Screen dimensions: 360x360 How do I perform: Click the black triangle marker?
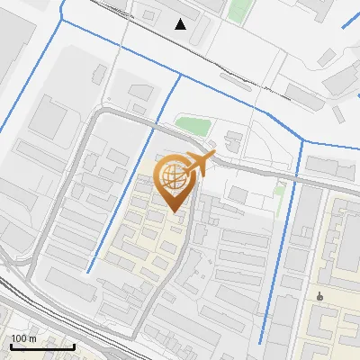pos(181,24)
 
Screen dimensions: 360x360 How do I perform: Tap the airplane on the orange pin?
pos(202,163)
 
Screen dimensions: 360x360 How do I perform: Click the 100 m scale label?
pos(23,337)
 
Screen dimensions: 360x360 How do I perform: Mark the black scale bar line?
pos(42,346)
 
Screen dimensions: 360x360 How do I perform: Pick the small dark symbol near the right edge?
pos(320,295)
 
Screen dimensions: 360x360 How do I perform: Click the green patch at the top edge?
pos(238,11)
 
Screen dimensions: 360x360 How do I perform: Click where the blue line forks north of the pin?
pos(180,76)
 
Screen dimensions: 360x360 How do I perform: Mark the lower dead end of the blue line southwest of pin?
pos(88,272)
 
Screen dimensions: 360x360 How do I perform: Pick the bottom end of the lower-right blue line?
pos(261,343)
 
